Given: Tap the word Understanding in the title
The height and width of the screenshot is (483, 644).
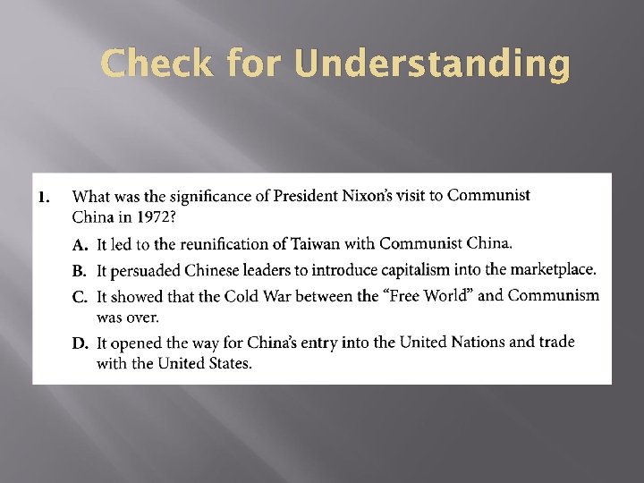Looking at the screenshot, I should [x=430, y=66].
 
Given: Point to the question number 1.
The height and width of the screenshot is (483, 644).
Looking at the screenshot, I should [x=43, y=197].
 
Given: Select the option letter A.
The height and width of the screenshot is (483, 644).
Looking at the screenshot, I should [x=79, y=244].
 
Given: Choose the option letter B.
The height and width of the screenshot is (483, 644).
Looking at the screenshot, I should [x=79, y=270].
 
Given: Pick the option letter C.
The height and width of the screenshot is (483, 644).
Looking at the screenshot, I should [x=79, y=296].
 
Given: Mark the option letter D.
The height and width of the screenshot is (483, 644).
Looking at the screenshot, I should [x=79, y=343].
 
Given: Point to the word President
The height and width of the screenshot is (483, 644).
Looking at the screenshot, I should [x=303, y=196].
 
